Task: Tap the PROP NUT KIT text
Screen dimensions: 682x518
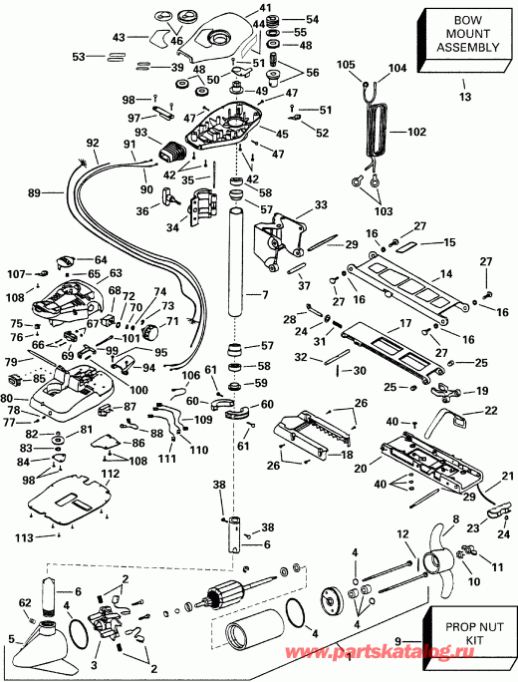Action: (x=469, y=638)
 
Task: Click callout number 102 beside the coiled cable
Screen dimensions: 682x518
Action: (x=414, y=131)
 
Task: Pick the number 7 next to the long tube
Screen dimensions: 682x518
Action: (x=265, y=295)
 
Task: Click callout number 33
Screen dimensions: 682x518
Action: (x=320, y=204)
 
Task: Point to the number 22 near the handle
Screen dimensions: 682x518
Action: (x=490, y=411)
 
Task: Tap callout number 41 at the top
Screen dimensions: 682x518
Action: (x=264, y=9)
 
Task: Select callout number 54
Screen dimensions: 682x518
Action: (x=312, y=20)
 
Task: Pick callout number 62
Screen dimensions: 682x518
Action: (x=26, y=602)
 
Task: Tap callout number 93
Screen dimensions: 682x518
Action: (x=140, y=134)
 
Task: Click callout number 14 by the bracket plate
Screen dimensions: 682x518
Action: (x=446, y=272)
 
